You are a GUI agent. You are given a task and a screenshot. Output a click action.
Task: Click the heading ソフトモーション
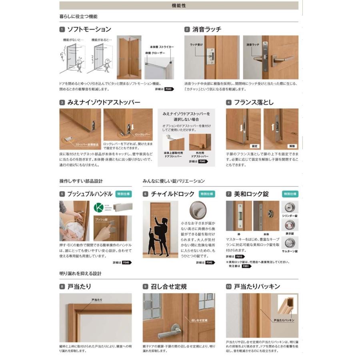coord(89,29)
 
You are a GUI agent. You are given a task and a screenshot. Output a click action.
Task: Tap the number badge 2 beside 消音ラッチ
coord(187,29)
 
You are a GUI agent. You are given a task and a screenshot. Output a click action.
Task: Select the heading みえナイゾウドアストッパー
coord(103,102)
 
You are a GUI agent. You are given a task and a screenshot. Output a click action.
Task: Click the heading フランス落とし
coord(254,102)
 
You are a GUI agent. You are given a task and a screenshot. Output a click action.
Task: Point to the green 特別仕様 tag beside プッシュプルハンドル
coord(122,194)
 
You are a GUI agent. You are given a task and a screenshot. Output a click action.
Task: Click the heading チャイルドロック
coord(172,194)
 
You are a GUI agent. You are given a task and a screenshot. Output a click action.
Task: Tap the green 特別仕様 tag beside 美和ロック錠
coord(290,194)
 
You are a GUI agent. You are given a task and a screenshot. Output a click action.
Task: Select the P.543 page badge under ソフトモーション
coord(168,89)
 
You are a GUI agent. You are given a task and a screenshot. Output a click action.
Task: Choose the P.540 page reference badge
coord(126,263)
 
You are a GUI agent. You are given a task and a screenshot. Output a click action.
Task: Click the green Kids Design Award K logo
coord(98,208)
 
